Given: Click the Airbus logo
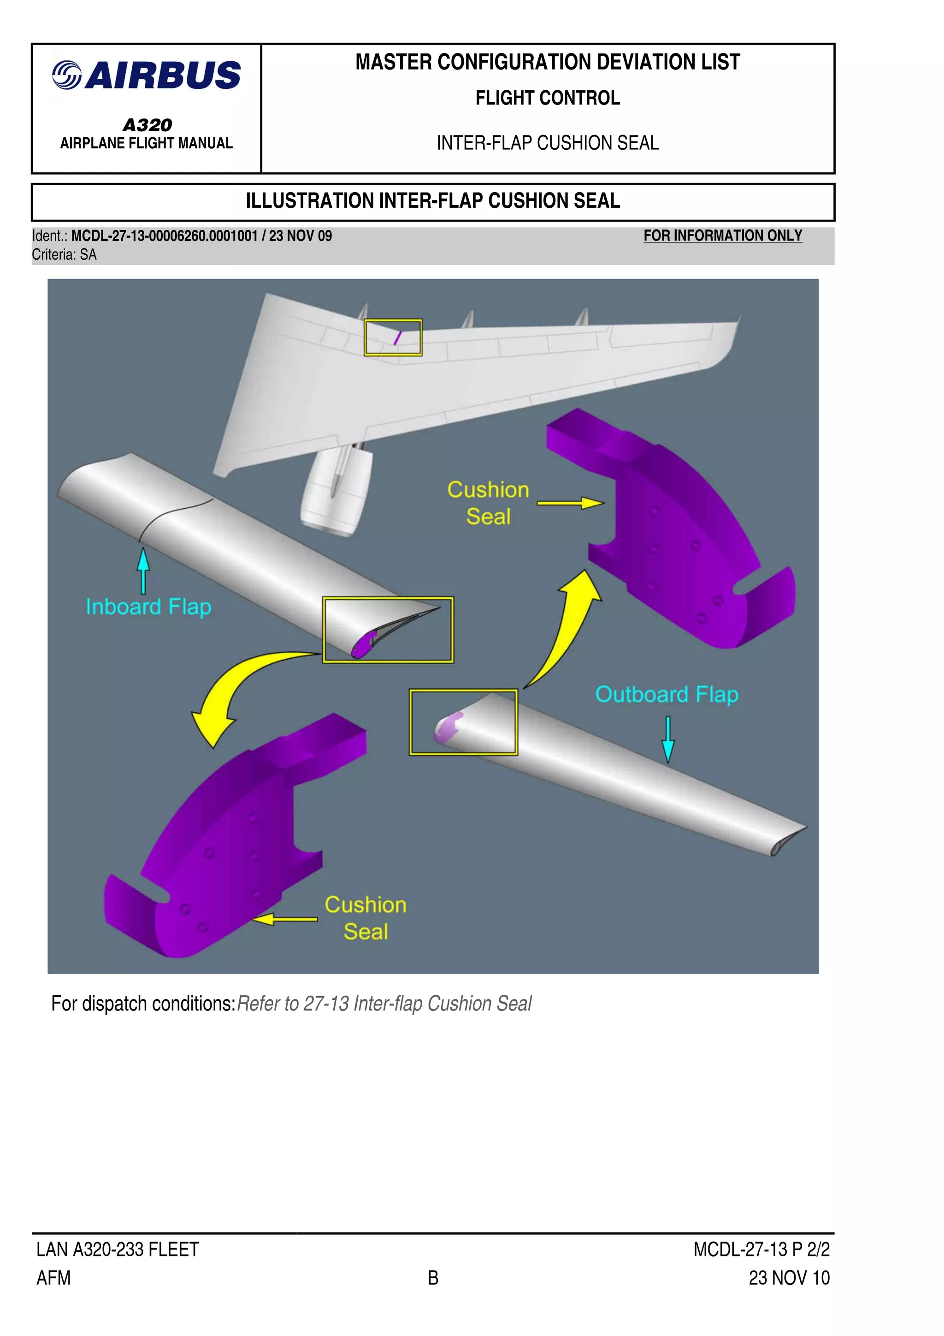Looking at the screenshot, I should (x=146, y=76).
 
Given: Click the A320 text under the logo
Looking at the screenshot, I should (x=147, y=124).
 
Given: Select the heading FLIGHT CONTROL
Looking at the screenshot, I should (x=548, y=98).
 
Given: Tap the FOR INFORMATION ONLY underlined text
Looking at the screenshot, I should (x=722, y=236).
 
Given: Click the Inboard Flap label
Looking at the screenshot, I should (x=148, y=607).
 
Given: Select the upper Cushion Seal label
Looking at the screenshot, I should (x=488, y=503).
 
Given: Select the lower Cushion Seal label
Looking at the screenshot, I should (x=365, y=918).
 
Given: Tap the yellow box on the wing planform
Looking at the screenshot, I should (x=393, y=338).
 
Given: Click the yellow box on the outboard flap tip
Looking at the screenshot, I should (x=463, y=722).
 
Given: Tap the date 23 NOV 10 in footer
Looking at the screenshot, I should (x=789, y=1278).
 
